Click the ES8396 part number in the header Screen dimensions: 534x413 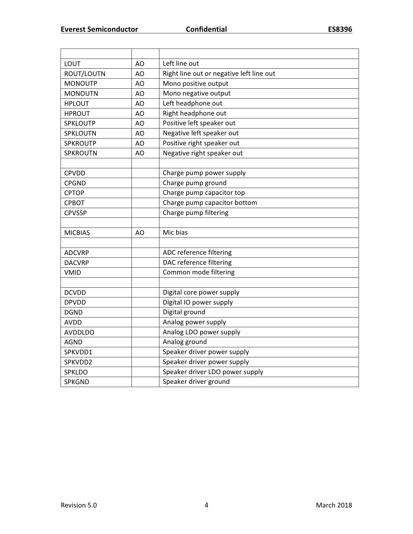click(340, 29)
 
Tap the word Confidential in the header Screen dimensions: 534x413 click(206, 29)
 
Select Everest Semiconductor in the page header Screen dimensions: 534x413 click(99, 29)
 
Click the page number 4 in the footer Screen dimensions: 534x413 click(206, 505)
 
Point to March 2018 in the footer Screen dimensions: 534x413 click(334, 505)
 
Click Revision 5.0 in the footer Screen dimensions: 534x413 click(79, 505)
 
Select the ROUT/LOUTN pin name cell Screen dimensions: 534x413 click(85, 74)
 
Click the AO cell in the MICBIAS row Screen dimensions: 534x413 click(140, 233)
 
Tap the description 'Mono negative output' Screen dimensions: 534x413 click(197, 94)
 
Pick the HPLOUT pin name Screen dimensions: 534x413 click(76, 104)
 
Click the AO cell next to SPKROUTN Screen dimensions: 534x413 click(140, 153)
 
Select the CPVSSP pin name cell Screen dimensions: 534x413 click(75, 213)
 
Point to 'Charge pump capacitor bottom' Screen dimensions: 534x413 click(210, 203)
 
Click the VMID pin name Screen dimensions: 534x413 click(73, 273)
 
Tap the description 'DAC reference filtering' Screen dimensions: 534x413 click(197, 262)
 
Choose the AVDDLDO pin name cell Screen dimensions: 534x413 click(79, 332)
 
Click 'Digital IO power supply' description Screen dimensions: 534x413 click(198, 302)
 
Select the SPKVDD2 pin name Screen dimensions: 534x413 click(78, 362)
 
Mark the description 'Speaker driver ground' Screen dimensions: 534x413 click(196, 382)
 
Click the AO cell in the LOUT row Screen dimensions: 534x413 click(140, 64)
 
